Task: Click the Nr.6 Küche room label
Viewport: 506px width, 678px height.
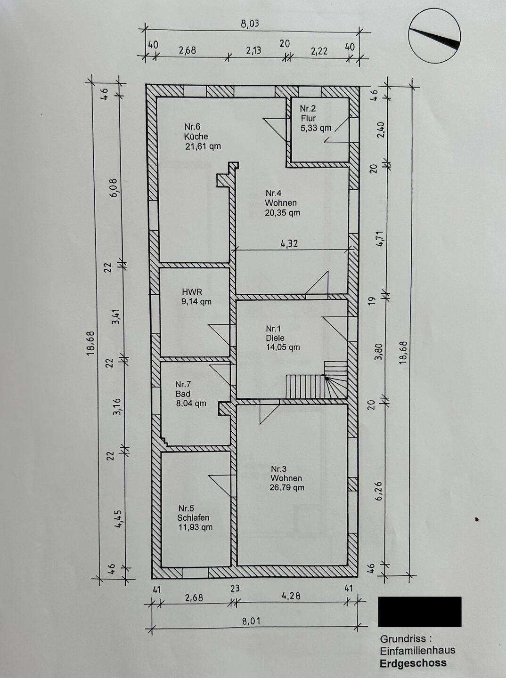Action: [203, 136]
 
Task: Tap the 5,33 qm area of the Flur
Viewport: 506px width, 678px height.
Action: [316, 128]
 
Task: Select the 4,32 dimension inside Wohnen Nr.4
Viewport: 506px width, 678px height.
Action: [289, 244]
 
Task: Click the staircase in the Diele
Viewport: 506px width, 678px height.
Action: [317, 379]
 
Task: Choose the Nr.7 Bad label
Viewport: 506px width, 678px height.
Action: [183, 389]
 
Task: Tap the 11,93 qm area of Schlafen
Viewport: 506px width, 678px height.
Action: [196, 527]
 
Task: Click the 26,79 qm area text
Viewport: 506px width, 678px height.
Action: [287, 488]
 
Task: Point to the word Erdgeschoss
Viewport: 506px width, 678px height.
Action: [413, 663]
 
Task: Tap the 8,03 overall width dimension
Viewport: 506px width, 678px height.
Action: [250, 24]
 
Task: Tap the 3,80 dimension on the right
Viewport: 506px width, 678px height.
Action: [380, 352]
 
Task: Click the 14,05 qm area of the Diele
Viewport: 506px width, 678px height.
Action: [283, 347]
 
